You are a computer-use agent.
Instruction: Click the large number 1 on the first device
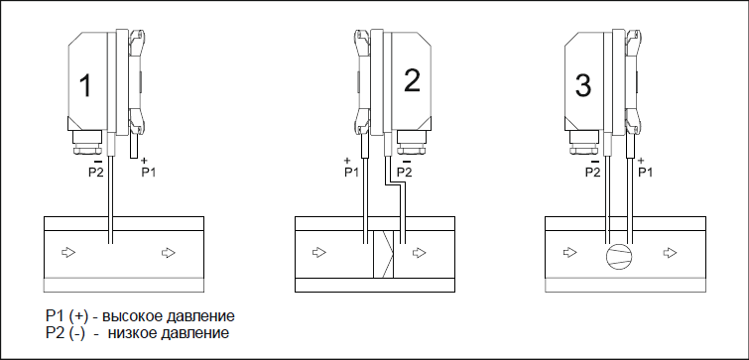(85, 85)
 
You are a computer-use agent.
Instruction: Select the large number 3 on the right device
(583, 86)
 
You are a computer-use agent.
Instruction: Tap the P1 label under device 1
(148, 173)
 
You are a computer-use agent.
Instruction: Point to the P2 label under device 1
(95, 173)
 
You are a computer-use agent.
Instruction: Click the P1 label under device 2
(351, 173)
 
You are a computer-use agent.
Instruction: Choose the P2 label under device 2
(404, 173)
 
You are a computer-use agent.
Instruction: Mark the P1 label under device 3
(646, 173)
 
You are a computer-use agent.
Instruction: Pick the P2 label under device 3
(593, 173)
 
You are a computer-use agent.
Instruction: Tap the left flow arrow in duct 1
(68, 252)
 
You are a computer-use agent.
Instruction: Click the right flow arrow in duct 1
(168, 252)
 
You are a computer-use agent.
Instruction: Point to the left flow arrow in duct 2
(319, 252)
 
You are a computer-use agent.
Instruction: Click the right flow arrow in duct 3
(671, 252)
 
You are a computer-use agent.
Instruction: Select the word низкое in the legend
(131, 333)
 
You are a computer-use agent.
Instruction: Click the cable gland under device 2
(413, 142)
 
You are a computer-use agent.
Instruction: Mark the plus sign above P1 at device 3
(641, 161)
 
